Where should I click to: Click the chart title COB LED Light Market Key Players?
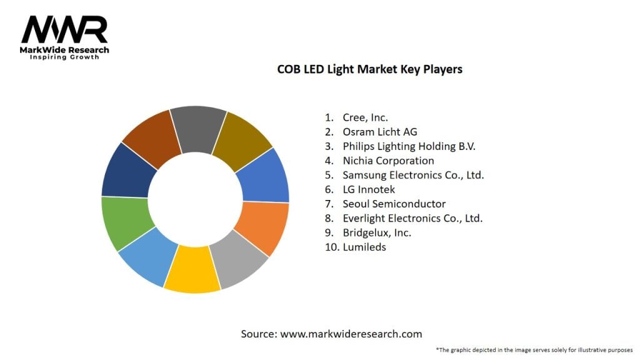369,69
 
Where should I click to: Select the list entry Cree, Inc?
365,117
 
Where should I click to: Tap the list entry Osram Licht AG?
379,132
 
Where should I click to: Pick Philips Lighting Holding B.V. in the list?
409,146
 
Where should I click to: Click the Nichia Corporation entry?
388,161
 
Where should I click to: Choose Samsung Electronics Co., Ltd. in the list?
413,175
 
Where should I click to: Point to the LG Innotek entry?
369,189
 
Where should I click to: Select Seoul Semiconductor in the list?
394,204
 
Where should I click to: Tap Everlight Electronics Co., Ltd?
412,218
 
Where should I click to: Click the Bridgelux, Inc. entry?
376,232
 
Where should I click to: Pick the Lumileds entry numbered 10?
364,247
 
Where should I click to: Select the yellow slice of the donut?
191,269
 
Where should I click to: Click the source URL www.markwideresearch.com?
351,334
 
